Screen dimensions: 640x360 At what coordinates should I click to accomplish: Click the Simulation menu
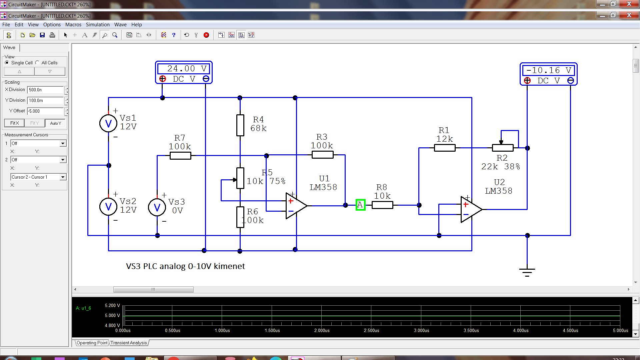[x=98, y=25]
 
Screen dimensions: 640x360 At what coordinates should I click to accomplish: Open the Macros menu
[x=73, y=25]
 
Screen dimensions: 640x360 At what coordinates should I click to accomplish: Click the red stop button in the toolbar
[x=206, y=35]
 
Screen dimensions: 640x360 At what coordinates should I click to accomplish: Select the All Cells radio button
[x=37, y=63]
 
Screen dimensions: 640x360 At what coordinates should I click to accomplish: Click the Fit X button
[x=14, y=123]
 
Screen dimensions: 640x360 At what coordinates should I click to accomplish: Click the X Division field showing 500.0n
[x=45, y=90]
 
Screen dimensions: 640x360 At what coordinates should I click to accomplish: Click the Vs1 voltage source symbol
[x=108, y=123]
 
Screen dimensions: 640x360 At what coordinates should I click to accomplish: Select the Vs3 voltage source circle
[x=157, y=207]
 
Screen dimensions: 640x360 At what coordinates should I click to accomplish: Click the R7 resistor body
[x=180, y=156]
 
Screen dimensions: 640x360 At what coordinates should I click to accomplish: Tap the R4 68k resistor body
[x=240, y=125]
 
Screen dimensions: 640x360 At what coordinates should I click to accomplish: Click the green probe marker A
[x=360, y=205]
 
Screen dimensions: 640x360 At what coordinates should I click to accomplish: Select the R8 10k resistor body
[x=382, y=205]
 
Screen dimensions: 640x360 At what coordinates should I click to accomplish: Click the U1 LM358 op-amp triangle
[x=296, y=206]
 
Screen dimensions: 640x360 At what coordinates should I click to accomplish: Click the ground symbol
[x=527, y=272]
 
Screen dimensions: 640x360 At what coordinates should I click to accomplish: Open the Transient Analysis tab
[x=129, y=343]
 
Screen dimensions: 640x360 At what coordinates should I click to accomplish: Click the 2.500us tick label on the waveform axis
[x=372, y=330]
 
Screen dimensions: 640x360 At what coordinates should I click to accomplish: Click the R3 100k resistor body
[x=322, y=155]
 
